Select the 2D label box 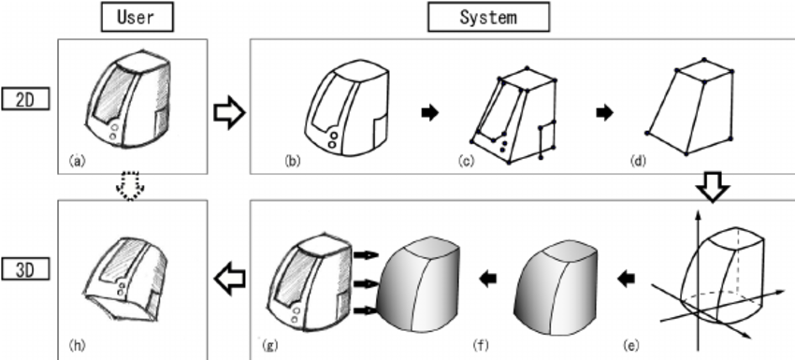26,97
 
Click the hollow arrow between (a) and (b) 229,112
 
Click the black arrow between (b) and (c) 429,112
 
